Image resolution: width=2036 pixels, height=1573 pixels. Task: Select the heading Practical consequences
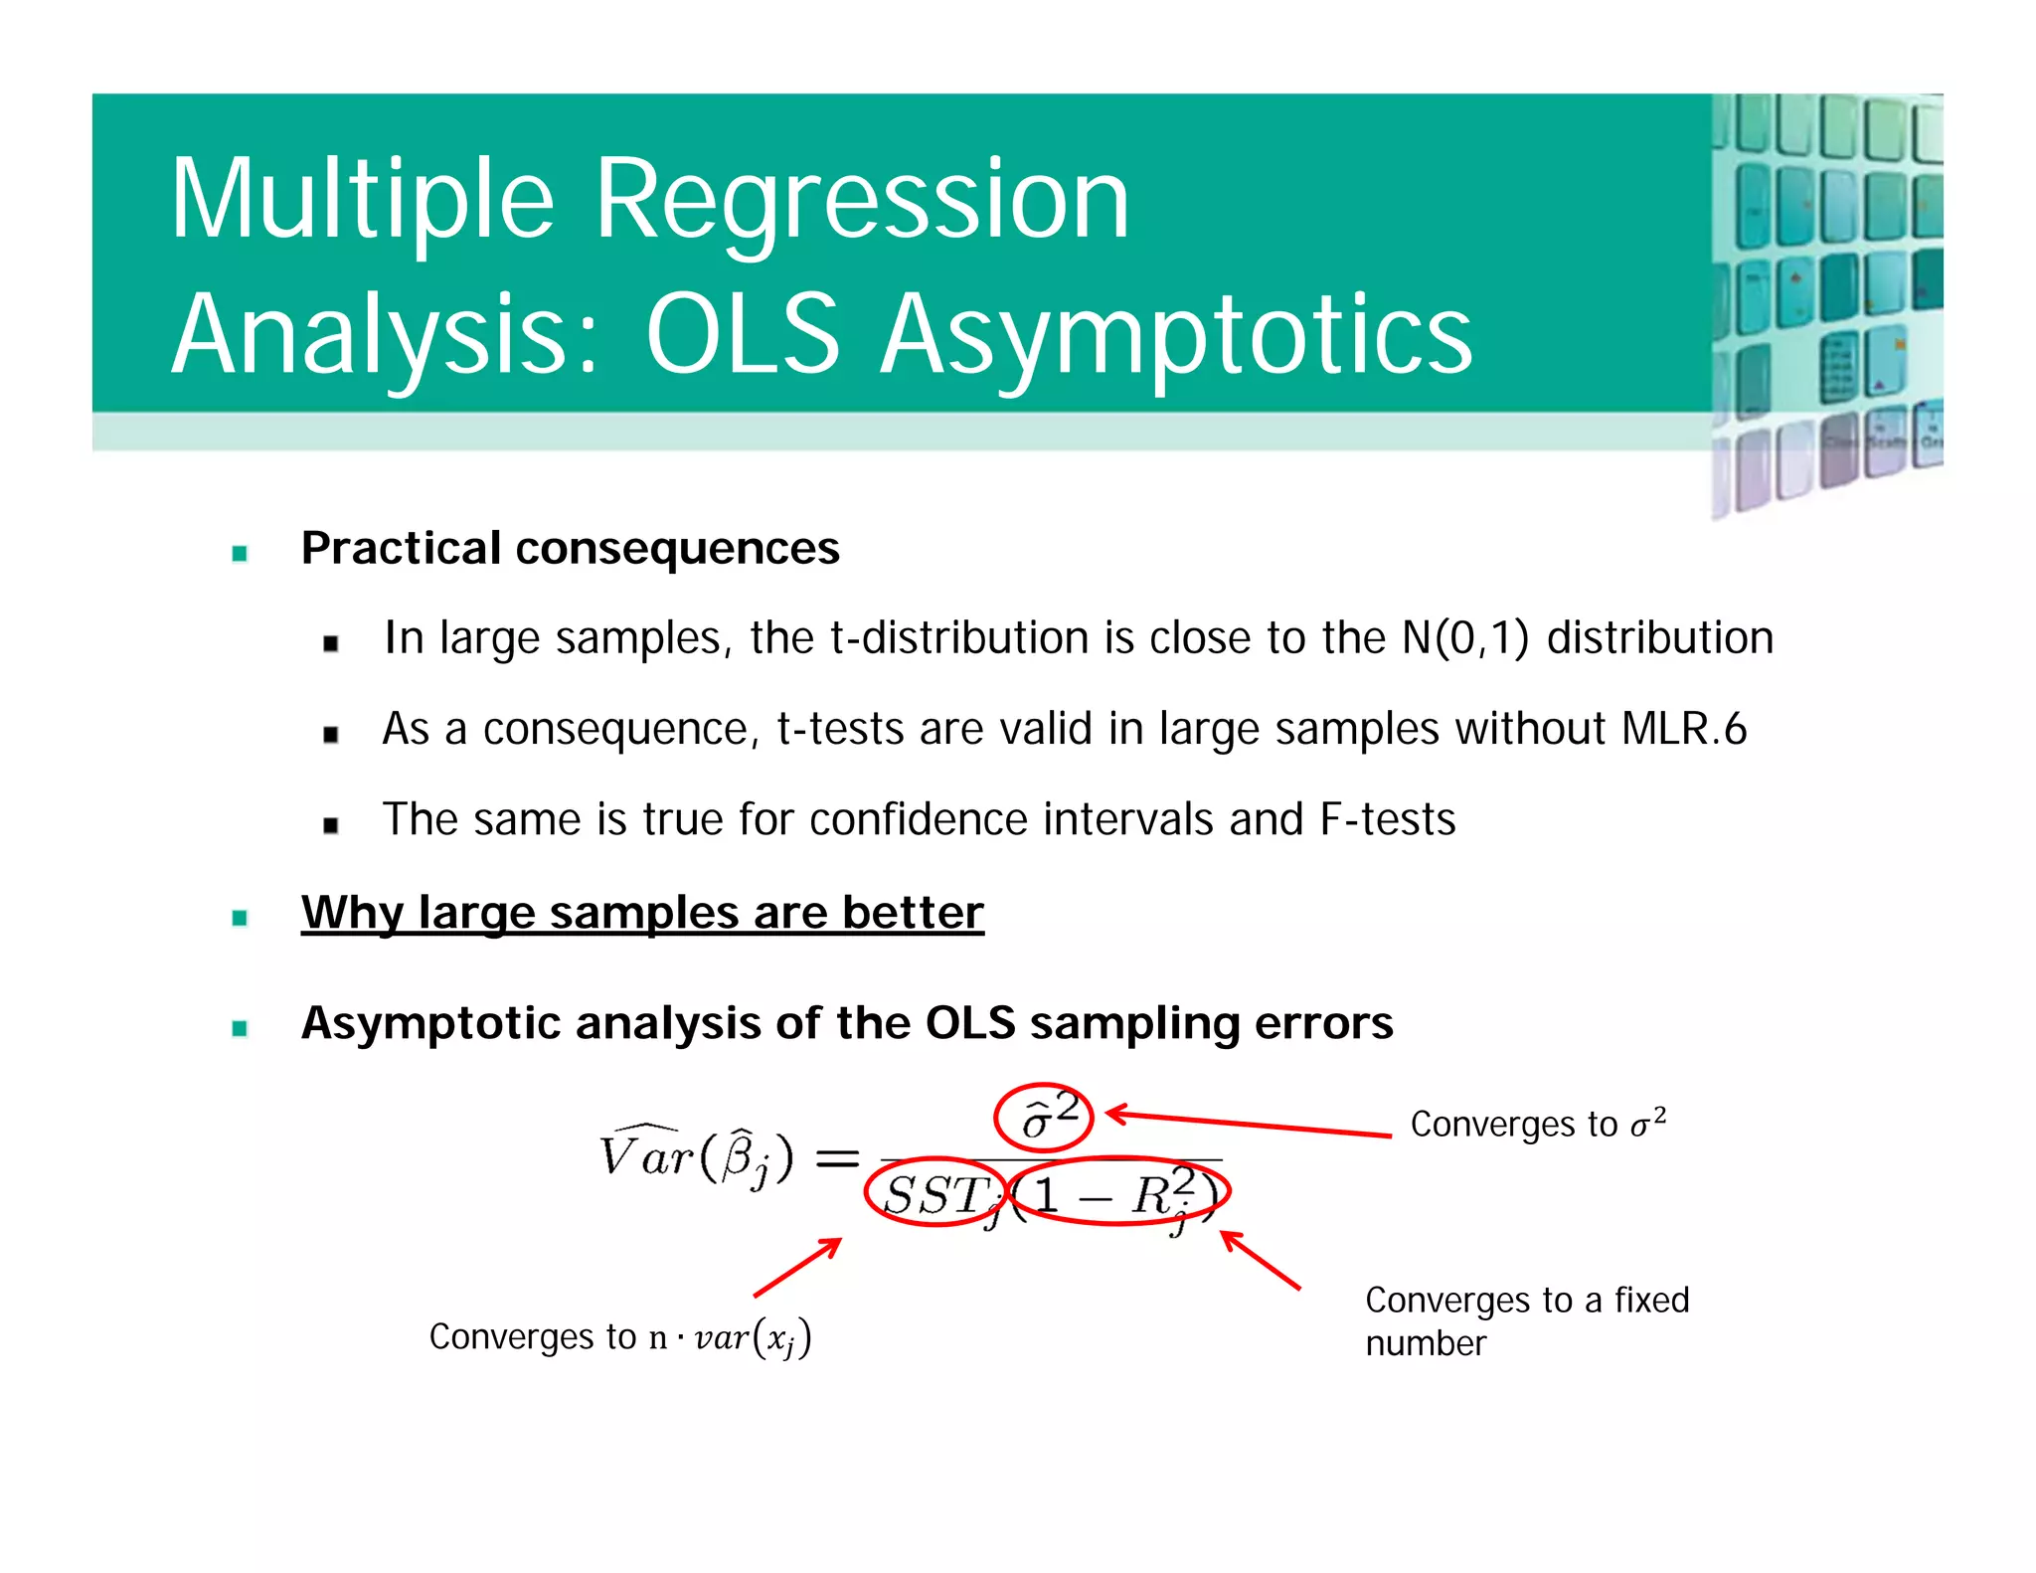point(570,549)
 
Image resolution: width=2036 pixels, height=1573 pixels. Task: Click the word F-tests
point(1388,820)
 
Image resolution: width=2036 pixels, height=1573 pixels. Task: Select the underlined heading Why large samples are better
point(642,913)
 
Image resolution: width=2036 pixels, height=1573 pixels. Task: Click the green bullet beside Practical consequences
point(240,554)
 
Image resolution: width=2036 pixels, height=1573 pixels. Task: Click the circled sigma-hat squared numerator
point(1044,1118)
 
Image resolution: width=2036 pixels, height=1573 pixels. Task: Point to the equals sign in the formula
point(836,1158)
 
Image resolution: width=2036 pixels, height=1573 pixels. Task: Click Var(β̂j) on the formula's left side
point(696,1156)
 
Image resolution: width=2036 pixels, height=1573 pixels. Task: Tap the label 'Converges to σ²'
point(1537,1125)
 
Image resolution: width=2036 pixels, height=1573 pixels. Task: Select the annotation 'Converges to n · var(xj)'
point(620,1337)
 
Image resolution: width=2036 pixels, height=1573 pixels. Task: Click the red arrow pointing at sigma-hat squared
point(1248,1125)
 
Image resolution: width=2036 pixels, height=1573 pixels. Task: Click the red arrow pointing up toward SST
point(798,1267)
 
